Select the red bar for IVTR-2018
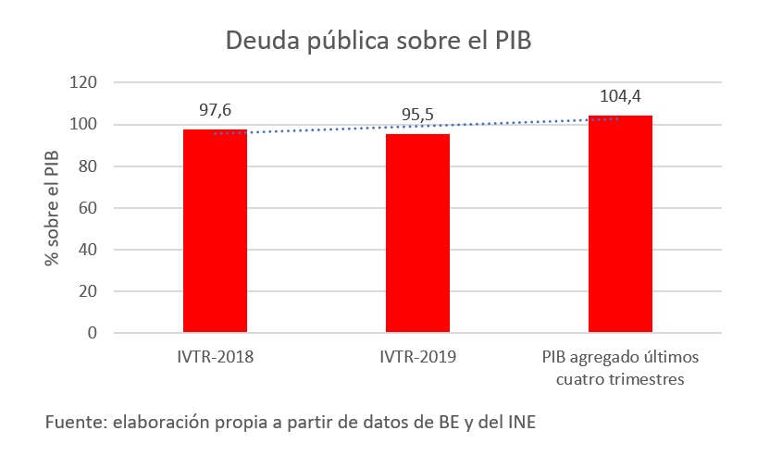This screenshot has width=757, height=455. [x=215, y=230]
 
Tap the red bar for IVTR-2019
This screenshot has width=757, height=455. [x=417, y=233]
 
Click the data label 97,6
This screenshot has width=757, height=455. [x=215, y=110]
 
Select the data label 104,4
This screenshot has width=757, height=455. [x=620, y=94]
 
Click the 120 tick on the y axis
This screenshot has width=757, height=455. [x=83, y=83]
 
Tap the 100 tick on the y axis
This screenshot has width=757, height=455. [x=83, y=125]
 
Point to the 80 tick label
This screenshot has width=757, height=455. [x=87, y=166]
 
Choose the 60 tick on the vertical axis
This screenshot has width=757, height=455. [x=87, y=208]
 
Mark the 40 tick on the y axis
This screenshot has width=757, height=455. [x=87, y=250]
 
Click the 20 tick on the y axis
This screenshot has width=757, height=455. [x=87, y=291]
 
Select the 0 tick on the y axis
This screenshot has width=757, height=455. [x=92, y=333]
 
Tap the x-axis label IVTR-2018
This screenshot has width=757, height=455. [x=215, y=357]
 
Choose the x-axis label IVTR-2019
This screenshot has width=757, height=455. [x=417, y=357]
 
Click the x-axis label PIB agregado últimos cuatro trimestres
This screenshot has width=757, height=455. [x=620, y=366]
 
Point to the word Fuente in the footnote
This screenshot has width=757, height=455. [x=74, y=423]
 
